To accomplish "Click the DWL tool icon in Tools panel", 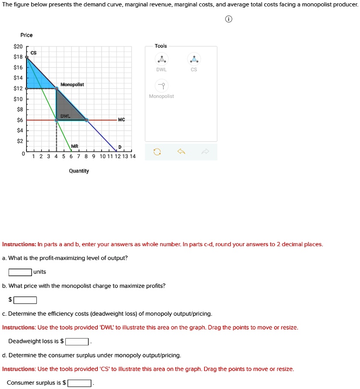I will [161, 59].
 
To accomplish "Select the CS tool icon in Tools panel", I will [194, 59].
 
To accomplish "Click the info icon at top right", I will [229, 20].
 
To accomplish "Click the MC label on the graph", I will [121, 120].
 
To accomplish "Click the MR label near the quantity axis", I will [75, 147].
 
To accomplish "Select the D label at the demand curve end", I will [120, 147].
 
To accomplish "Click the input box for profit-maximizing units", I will [20, 272].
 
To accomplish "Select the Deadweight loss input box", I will [77, 342].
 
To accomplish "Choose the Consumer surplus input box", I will [79, 383].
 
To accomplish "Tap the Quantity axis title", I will [79, 171].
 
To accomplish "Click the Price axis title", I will [26, 35].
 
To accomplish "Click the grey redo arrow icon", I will [206, 152].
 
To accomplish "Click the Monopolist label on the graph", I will [72, 85].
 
